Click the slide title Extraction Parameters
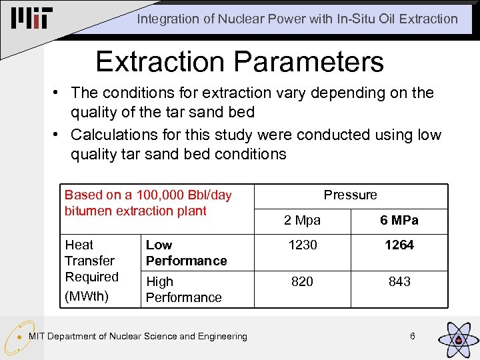point(239,61)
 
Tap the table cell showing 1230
point(303,245)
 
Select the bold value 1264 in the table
point(399,245)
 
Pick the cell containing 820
point(303,282)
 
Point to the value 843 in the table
point(399,282)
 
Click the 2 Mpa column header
point(303,221)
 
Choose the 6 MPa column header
point(399,221)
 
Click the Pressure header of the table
point(351,195)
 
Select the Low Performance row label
point(186,253)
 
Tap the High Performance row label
point(183,289)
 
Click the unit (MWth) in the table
point(86,295)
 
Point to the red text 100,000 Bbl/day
point(184,195)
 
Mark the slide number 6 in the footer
point(413,337)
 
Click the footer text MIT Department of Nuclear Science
point(137,337)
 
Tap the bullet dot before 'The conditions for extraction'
point(58,93)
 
